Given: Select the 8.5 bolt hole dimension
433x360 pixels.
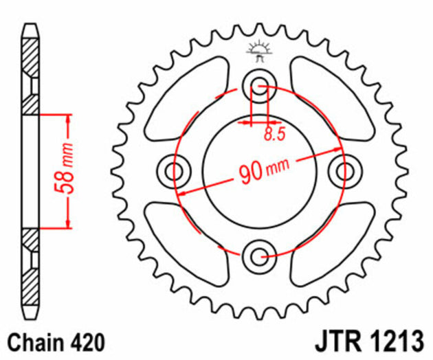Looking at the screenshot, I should [x=274, y=135].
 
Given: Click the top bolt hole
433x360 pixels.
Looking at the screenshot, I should [x=260, y=86].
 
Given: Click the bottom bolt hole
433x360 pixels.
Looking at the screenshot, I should [x=260, y=257].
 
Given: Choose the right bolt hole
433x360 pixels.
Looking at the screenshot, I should [x=345, y=170].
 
